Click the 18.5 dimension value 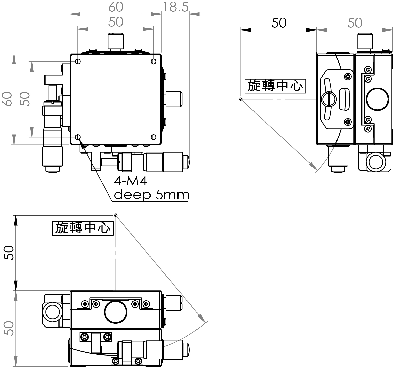click(x=175, y=7)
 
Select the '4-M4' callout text click(x=130, y=181)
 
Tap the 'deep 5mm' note click(x=151, y=195)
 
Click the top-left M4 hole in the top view click(x=78, y=62)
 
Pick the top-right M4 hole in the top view click(x=153, y=62)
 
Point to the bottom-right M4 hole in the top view click(x=153, y=137)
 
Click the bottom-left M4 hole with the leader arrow click(x=78, y=137)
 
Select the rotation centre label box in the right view click(x=275, y=86)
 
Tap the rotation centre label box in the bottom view click(x=83, y=228)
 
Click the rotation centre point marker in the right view click(x=241, y=99)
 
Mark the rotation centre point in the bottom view click(x=116, y=215)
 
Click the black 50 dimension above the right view click(x=279, y=23)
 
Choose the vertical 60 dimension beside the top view click(x=8, y=99)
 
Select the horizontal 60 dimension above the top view click(x=116, y=7)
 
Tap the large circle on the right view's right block click(x=377, y=99)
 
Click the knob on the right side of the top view click(x=174, y=99)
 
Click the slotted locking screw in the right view click(x=329, y=99)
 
